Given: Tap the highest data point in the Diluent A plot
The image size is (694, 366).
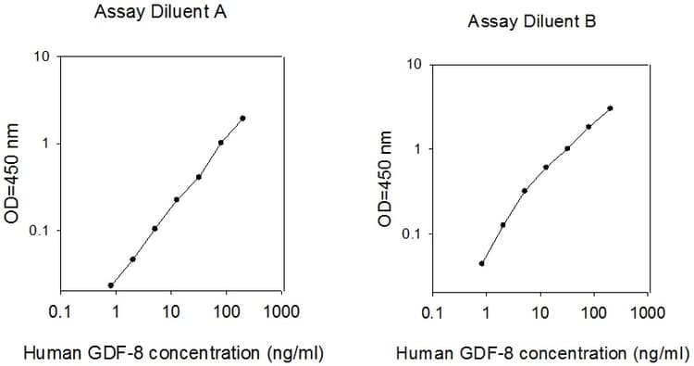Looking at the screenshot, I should click(x=242, y=118).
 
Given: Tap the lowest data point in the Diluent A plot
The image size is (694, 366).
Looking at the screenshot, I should click(x=111, y=285).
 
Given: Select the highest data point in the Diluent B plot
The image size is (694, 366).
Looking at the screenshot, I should click(x=611, y=107).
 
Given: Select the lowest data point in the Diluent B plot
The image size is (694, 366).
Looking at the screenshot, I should click(x=482, y=263).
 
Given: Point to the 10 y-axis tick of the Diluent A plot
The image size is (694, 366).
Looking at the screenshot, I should click(x=43, y=57).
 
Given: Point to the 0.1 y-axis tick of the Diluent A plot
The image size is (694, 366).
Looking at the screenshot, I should click(x=39, y=231).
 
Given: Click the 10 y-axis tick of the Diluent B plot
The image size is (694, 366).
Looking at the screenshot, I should click(x=415, y=65).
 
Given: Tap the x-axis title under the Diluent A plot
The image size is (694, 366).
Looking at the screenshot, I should click(x=172, y=353).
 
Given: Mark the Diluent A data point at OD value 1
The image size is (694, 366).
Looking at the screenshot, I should click(x=221, y=143).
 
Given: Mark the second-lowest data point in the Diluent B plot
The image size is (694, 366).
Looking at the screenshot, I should click(x=503, y=224).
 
